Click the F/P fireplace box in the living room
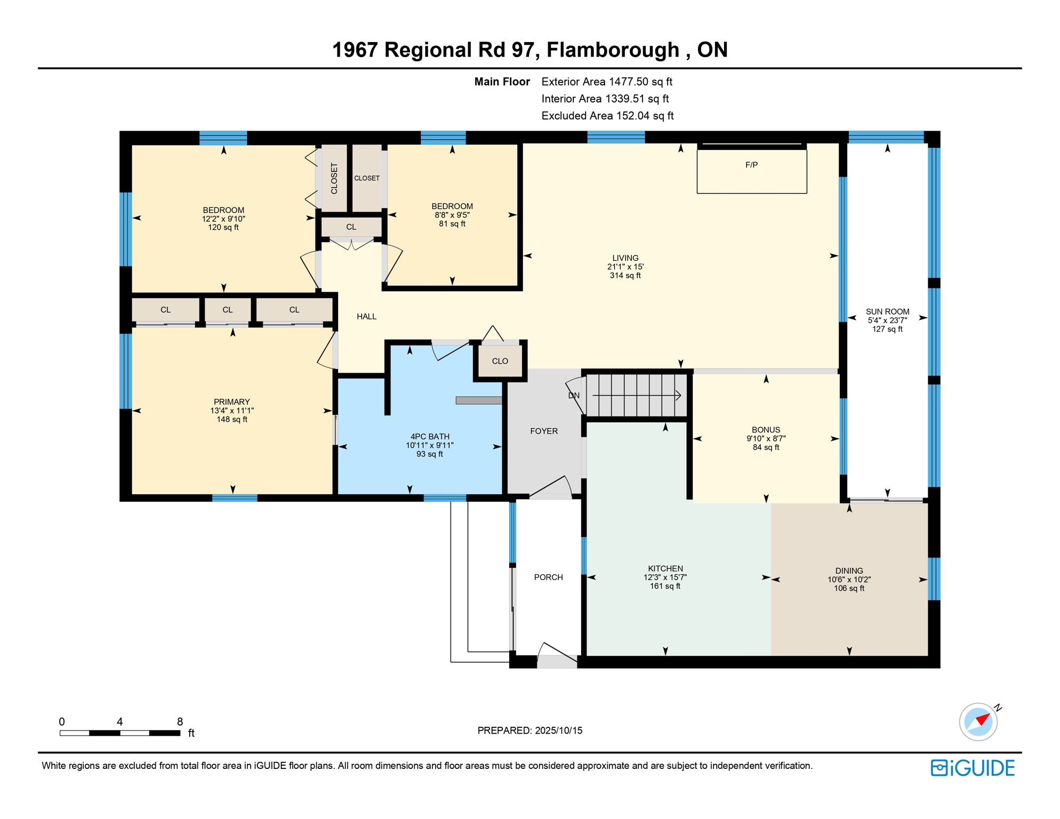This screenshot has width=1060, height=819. coord(751,171)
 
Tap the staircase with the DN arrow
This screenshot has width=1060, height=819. coord(636,395)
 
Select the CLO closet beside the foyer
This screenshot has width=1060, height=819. coord(500,361)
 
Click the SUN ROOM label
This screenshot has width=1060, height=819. coord(887,311)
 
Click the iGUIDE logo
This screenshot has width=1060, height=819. coord(973,768)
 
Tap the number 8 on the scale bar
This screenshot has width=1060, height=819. coord(180,721)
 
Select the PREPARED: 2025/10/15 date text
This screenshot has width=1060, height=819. coord(529,730)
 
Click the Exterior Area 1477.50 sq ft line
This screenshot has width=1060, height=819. coord(607,82)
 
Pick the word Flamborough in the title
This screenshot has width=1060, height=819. coord(613,50)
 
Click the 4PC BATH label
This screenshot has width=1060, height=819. coord(430,436)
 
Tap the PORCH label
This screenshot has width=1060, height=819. coord(548,577)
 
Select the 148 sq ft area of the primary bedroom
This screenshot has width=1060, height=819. coord(232,419)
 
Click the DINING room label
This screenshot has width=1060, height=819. coord(849,571)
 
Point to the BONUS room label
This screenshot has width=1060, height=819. coord(766,430)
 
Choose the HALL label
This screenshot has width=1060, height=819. coord(366,316)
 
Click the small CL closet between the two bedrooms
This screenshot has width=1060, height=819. coord(351,227)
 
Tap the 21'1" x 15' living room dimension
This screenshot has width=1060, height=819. coord(625,267)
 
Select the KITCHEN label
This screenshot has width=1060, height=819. coord(665,568)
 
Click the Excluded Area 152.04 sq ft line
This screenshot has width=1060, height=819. coord(607,116)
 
